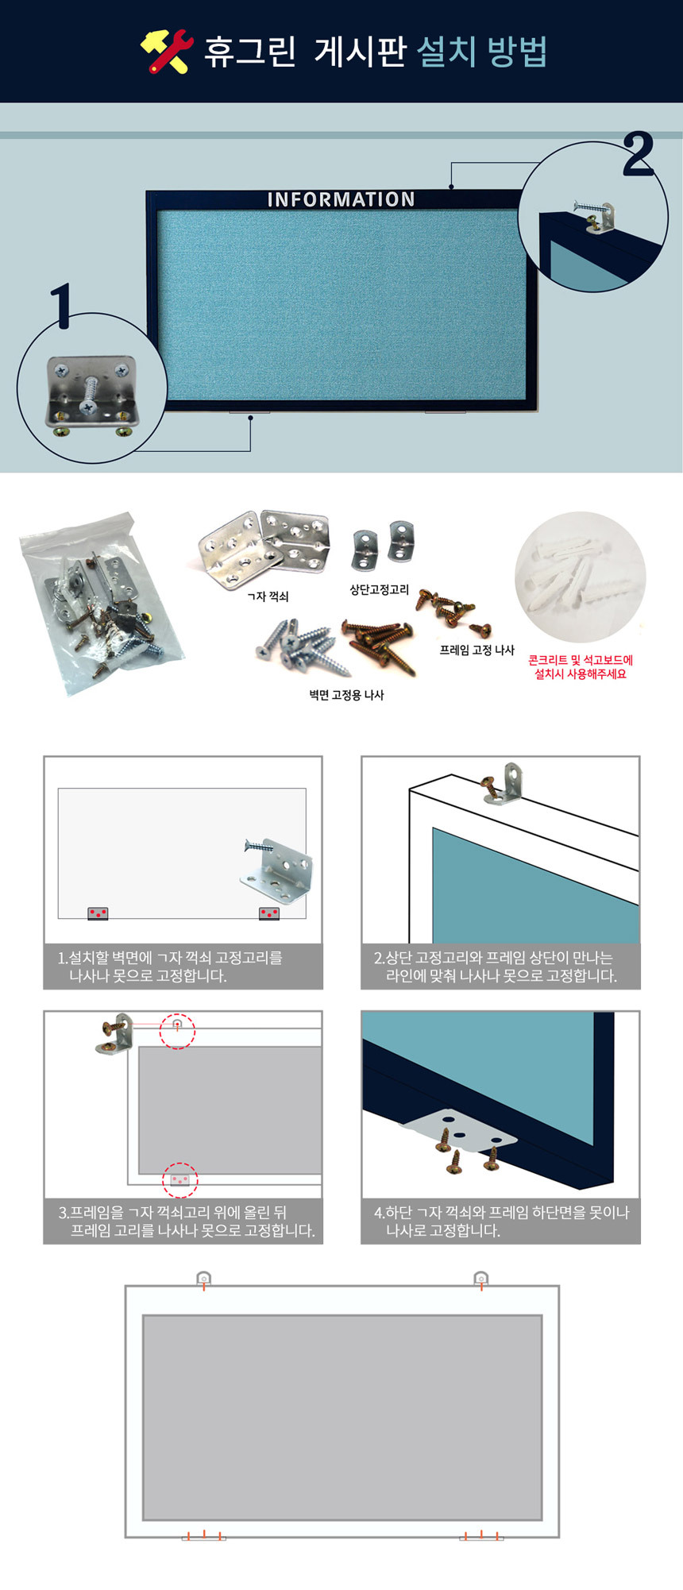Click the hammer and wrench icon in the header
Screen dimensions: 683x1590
coord(167,52)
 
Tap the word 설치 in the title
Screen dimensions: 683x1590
coord(446,52)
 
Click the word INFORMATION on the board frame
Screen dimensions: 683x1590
coord(341,199)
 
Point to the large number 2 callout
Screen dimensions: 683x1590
coord(638,154)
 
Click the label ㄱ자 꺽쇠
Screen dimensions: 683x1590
coord(268,596)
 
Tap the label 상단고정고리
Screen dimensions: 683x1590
coord(380,589)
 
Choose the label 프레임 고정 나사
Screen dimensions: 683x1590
coord(477,650)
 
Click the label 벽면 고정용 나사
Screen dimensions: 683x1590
coord(346,695)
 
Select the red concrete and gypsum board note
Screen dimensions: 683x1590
coord(581,667)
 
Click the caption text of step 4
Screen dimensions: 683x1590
coord(501,1221)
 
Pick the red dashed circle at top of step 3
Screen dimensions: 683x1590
coord(177,1031)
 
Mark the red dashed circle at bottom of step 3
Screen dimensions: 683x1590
coord(180,1179)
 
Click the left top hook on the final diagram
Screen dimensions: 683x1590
coord(204,1279)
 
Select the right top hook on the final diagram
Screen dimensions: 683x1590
coord(481,1279)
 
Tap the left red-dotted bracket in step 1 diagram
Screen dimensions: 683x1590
coord(98,914)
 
